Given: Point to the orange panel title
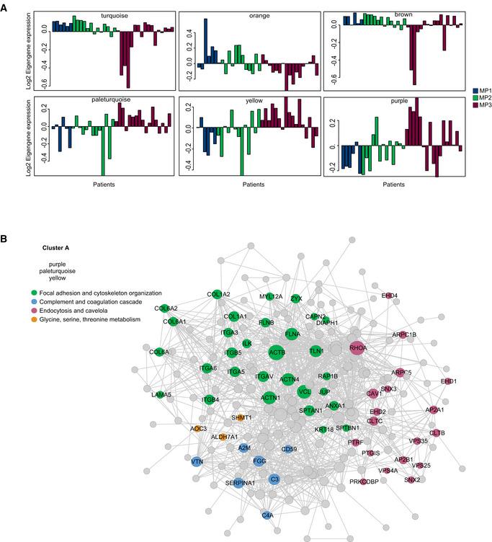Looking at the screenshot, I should coord(249,15).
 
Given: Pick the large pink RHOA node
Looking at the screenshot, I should coord(357,348).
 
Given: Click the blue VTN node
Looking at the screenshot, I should coord(197,460).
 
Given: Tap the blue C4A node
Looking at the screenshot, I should coord(268,514).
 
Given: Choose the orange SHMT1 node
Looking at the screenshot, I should coord(241,417).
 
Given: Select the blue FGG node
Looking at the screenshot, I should coord(258,461).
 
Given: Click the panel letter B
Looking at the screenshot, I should coord(6,237).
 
